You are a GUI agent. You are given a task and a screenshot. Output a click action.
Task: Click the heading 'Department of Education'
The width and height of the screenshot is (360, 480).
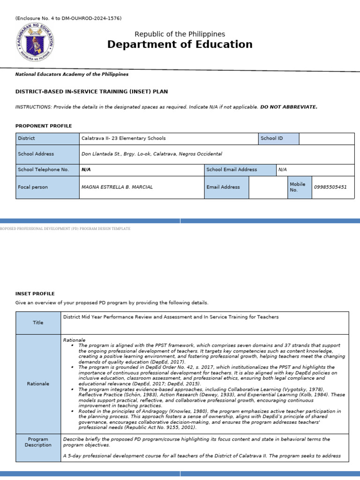click(x=180, y=45)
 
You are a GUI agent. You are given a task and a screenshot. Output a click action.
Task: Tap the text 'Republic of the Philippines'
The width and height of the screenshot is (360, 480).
click(x=180, y=34)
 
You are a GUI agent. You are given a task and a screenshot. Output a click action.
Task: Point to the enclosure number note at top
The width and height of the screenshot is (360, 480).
click(x=68, y=18)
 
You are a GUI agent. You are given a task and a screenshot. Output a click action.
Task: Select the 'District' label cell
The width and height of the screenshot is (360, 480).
click(x=47, y=139)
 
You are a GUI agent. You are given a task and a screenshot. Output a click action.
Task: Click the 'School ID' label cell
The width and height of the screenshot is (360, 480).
click(x=278, y=139)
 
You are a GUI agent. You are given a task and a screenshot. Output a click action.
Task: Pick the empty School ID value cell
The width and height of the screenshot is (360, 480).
click(x=326, y=139)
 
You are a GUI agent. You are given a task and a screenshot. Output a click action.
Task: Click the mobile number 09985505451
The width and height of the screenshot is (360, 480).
click(x=330, y=187)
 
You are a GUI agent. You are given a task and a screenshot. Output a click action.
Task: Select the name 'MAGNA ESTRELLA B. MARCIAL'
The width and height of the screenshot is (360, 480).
click(x=117, y=187)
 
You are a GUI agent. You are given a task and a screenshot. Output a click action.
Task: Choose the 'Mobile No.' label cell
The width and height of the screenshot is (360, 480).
click(x=299, y=187)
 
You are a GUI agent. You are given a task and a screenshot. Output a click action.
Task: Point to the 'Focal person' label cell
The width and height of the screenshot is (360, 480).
click(x=47, y=187)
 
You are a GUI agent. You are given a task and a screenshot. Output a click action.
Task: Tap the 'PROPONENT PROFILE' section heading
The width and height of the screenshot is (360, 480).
click(x=44, y=126)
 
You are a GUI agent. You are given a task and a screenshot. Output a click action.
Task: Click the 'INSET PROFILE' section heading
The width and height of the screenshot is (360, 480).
click(x=35, y=294)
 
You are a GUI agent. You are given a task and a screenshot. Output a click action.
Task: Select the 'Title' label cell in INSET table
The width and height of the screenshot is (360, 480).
click(x=38, y=323)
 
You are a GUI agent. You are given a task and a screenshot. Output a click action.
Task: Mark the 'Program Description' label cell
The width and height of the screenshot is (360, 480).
click(x=38, y=442)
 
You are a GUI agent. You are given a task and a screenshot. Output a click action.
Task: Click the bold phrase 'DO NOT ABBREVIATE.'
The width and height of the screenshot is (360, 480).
click(x=289, y=107)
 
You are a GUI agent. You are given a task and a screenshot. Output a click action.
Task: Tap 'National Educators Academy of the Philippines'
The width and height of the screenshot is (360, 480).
click(x=72, y=75)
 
